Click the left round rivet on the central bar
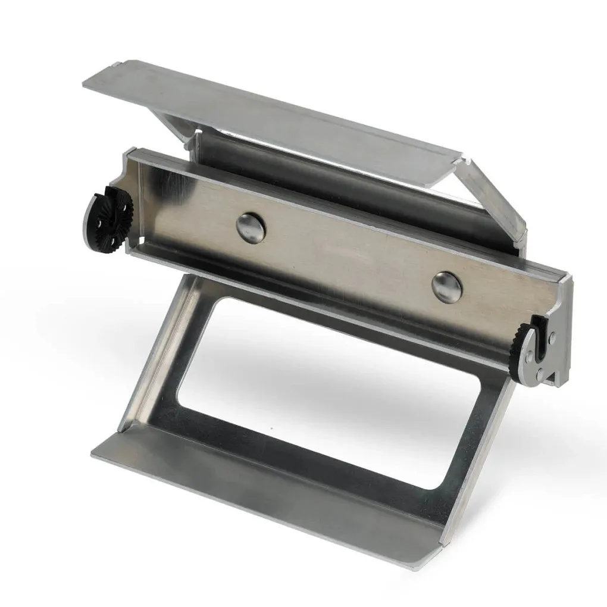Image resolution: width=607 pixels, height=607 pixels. click(x=250, y=227)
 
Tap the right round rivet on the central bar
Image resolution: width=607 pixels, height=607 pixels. click(x=447, y=287)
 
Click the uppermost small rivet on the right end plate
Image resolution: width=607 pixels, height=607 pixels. click(x=554, y=337)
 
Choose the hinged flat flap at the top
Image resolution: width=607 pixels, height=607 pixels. click(x=268, y=119)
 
